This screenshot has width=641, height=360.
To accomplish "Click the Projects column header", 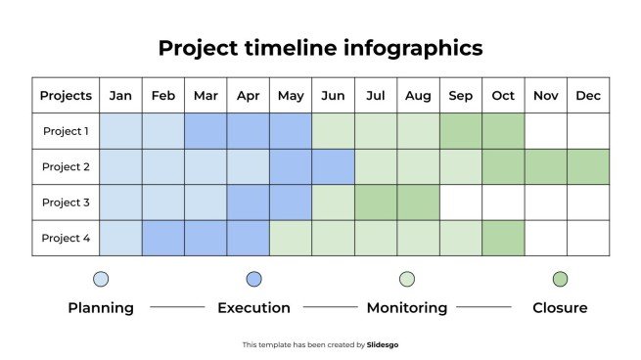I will tap(66, 96).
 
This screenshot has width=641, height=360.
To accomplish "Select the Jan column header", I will tap(121, 96).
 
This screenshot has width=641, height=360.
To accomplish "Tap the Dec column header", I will tap(588, 96).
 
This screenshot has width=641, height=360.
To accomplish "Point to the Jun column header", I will tap(333, 96).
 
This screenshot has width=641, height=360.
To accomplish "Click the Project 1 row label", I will tap(66, 131).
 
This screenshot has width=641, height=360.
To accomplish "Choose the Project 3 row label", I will tap(66, 202).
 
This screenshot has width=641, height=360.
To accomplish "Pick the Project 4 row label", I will tap(66, 238).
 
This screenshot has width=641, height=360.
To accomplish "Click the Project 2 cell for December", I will tap(588, 167).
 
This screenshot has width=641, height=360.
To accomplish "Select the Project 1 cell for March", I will tap(206, 131).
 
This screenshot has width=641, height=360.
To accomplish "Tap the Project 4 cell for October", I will tap(503, 238).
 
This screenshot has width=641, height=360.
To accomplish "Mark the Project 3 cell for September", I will tap(460, 202).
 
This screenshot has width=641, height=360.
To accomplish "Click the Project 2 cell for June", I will tap(333, 167).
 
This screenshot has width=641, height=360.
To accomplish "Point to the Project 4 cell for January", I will tap(121, 238).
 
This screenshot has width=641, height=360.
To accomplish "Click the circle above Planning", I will tap(101, 279).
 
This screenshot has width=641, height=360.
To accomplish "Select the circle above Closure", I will tap(560, 279).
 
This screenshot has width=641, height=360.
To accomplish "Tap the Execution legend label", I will tap(253, 308).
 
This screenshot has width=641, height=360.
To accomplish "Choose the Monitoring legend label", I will tap(406, 308).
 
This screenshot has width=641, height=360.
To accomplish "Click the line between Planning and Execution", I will tap(177, 308).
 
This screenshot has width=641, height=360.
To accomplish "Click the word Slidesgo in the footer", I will tap(383, 344).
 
